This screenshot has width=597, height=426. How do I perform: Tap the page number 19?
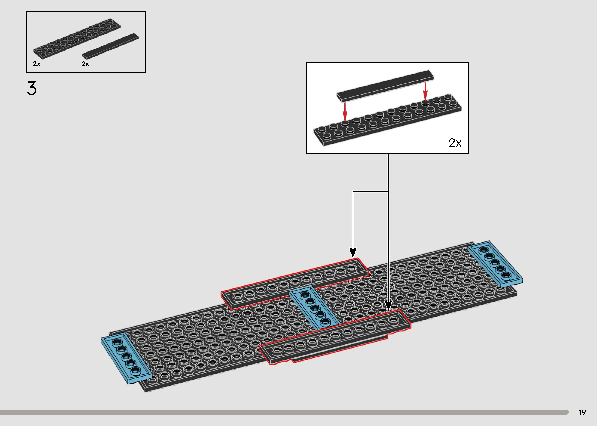[582, 413]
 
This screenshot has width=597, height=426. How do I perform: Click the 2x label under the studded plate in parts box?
[37, 64]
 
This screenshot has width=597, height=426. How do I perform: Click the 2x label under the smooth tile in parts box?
[85, 64]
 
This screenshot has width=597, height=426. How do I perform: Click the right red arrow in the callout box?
[425, 91]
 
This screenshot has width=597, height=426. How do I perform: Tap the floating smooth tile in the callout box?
[385, 86]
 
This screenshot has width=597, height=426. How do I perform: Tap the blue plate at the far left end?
[126, 358]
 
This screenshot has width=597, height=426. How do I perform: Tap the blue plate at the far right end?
[495, 263]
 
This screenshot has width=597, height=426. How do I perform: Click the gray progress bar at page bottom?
[283, 412]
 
